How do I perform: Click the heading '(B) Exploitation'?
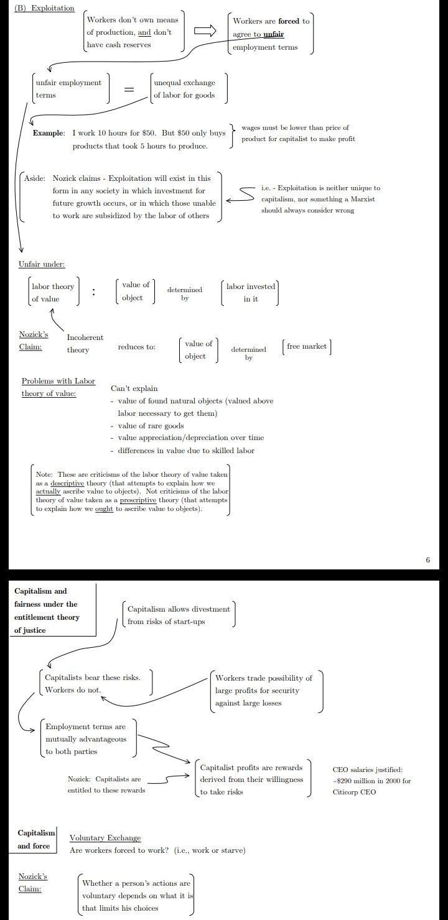[x=44, y=8]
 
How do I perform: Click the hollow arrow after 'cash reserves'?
[x=204, y=32]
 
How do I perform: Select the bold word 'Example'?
[x=49, y=133]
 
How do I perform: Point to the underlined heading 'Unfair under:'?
[x=42, y=265]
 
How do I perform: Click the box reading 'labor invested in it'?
[x=250, y=293]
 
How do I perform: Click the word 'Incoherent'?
[x=85, y=337]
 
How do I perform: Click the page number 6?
[x=427, y=559]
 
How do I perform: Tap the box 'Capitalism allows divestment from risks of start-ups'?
[x=178, y=615]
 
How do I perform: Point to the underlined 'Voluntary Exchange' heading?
[x=105, y=838]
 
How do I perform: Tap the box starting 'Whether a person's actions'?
[x=137, y=895]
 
